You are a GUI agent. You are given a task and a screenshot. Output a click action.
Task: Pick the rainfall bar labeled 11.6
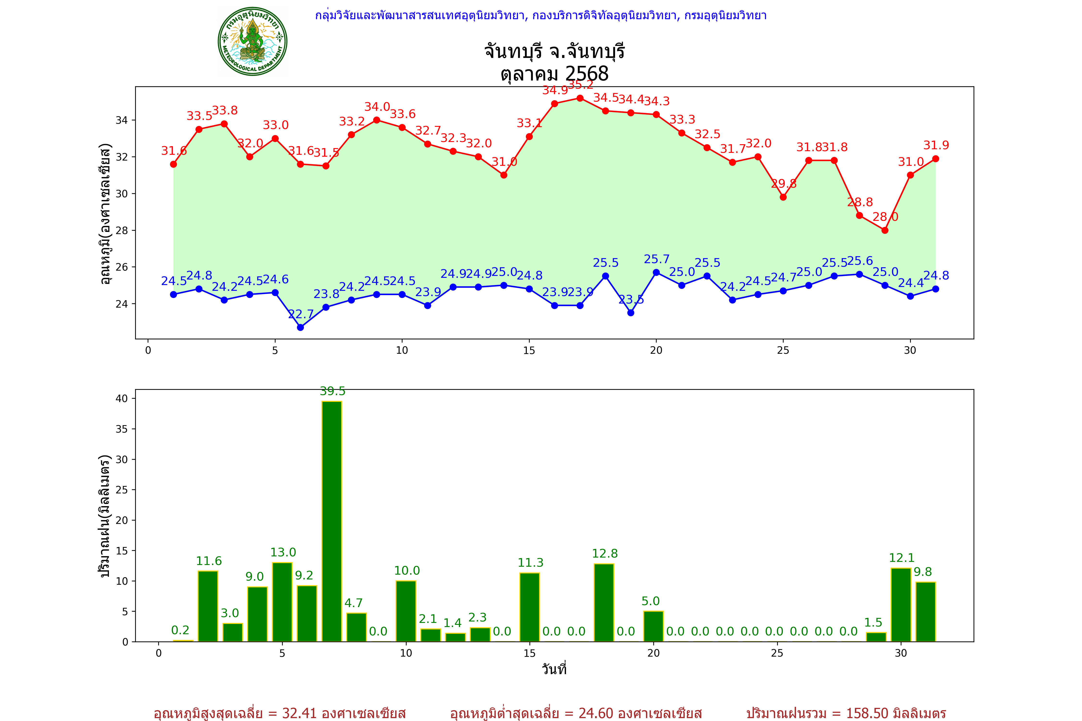(x=208, y=606)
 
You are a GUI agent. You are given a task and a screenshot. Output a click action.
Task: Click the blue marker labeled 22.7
(x=300, y=327)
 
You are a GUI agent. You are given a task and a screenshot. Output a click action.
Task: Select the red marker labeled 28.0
(x=885, y=230)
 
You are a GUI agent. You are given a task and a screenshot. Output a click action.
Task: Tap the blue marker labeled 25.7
(x=656, y=272)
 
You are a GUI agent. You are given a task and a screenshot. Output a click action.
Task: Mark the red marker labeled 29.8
(x=783, y=197)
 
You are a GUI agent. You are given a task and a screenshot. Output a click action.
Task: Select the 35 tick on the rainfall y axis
(x=122, y=429)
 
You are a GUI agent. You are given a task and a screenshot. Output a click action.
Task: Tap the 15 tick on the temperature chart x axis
(x=529, y=350)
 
